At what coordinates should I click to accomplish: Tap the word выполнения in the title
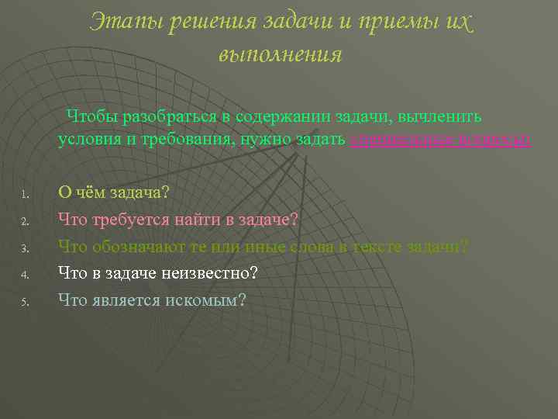(x=280, y=55)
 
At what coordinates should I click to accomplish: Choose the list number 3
(x=25, y=249)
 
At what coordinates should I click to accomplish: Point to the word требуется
(x=136, y=220)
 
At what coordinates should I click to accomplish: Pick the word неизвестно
(x=208, y=273)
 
